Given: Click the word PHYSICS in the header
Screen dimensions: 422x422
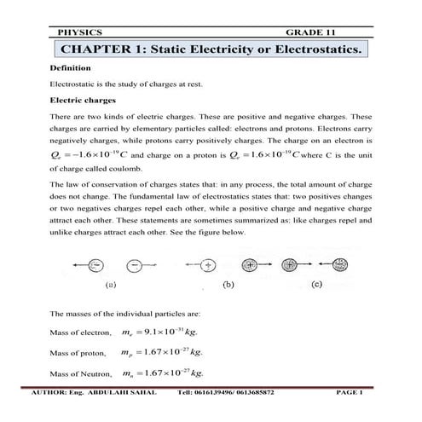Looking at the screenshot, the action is (x=78, y=32).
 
